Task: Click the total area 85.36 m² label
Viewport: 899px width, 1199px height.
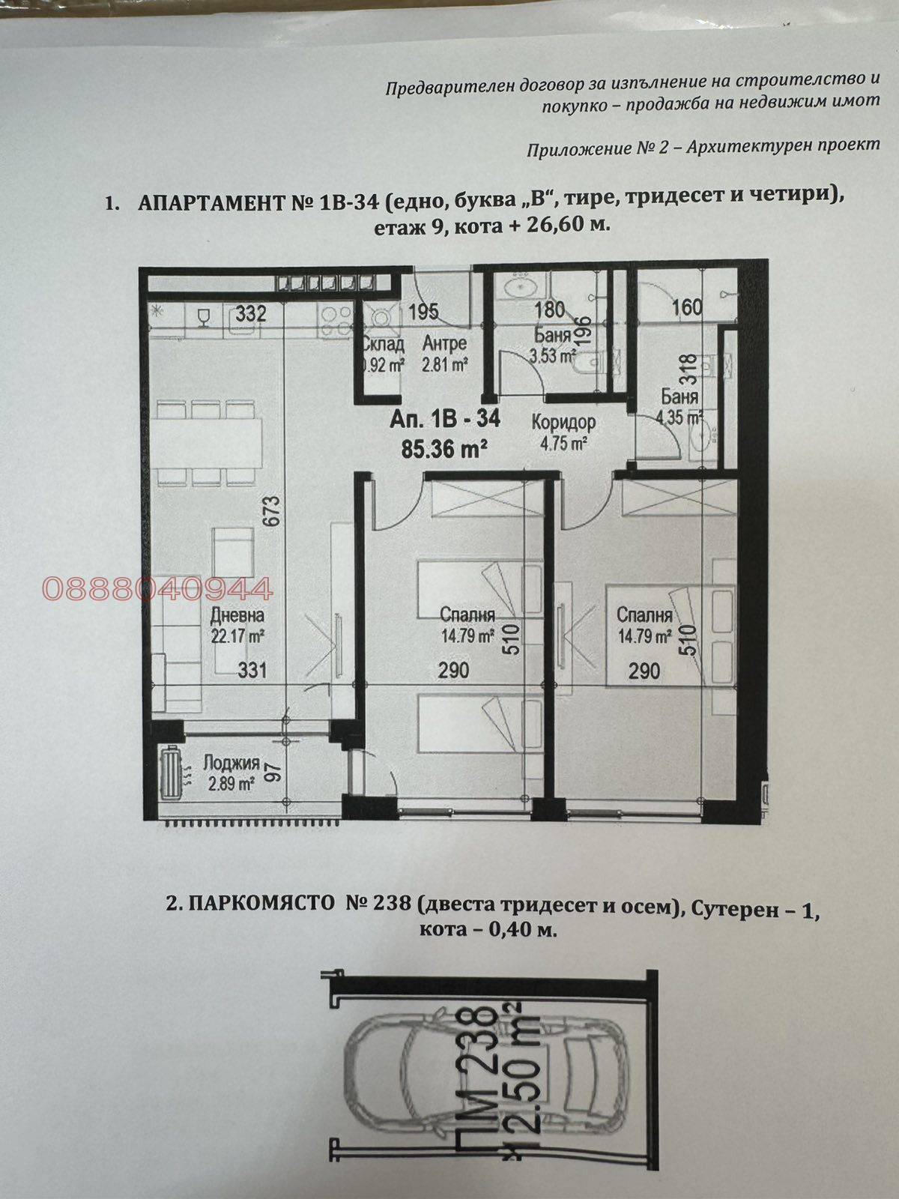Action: tap(445, 450)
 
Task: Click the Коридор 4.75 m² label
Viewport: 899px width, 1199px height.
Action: tap(563, 432)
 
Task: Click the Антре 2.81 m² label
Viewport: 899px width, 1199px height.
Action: tap(445, 354)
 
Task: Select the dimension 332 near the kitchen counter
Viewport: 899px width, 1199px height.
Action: tap(250, 313)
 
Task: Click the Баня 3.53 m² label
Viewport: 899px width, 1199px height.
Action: tap(552, 345)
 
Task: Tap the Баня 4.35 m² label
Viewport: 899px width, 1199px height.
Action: tap(679, 408)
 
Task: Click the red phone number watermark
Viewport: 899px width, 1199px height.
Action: tap(158, 589)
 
